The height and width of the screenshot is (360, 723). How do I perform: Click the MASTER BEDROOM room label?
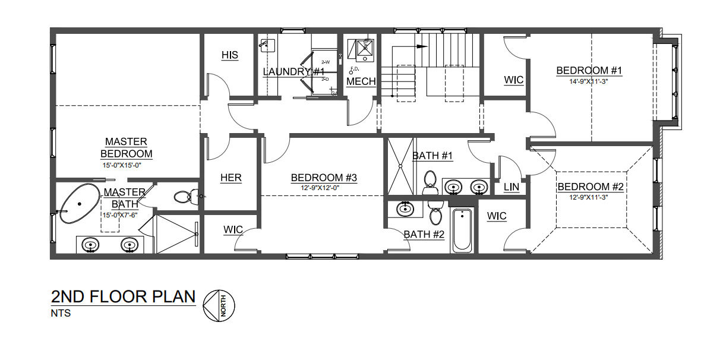(126, 147)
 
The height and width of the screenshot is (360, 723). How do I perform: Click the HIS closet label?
(230, 55)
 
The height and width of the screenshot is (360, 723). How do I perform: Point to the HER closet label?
(231, 178)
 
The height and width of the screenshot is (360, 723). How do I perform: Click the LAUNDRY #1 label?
(288, 72)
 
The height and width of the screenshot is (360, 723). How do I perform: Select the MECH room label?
(361, 81)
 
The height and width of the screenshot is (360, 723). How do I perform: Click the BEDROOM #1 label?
(589, 71)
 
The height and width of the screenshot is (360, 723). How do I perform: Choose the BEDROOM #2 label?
(590, 187)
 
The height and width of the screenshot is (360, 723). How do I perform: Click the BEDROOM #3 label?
(324, 178)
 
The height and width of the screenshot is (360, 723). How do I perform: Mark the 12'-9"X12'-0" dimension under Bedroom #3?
(323, 188)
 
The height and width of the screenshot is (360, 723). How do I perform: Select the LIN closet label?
(512, 187)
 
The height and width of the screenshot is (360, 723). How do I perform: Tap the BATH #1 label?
(433, 156)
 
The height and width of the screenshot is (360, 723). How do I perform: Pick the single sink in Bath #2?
(405, 209)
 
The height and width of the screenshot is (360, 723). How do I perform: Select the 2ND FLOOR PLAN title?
(124, 296)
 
